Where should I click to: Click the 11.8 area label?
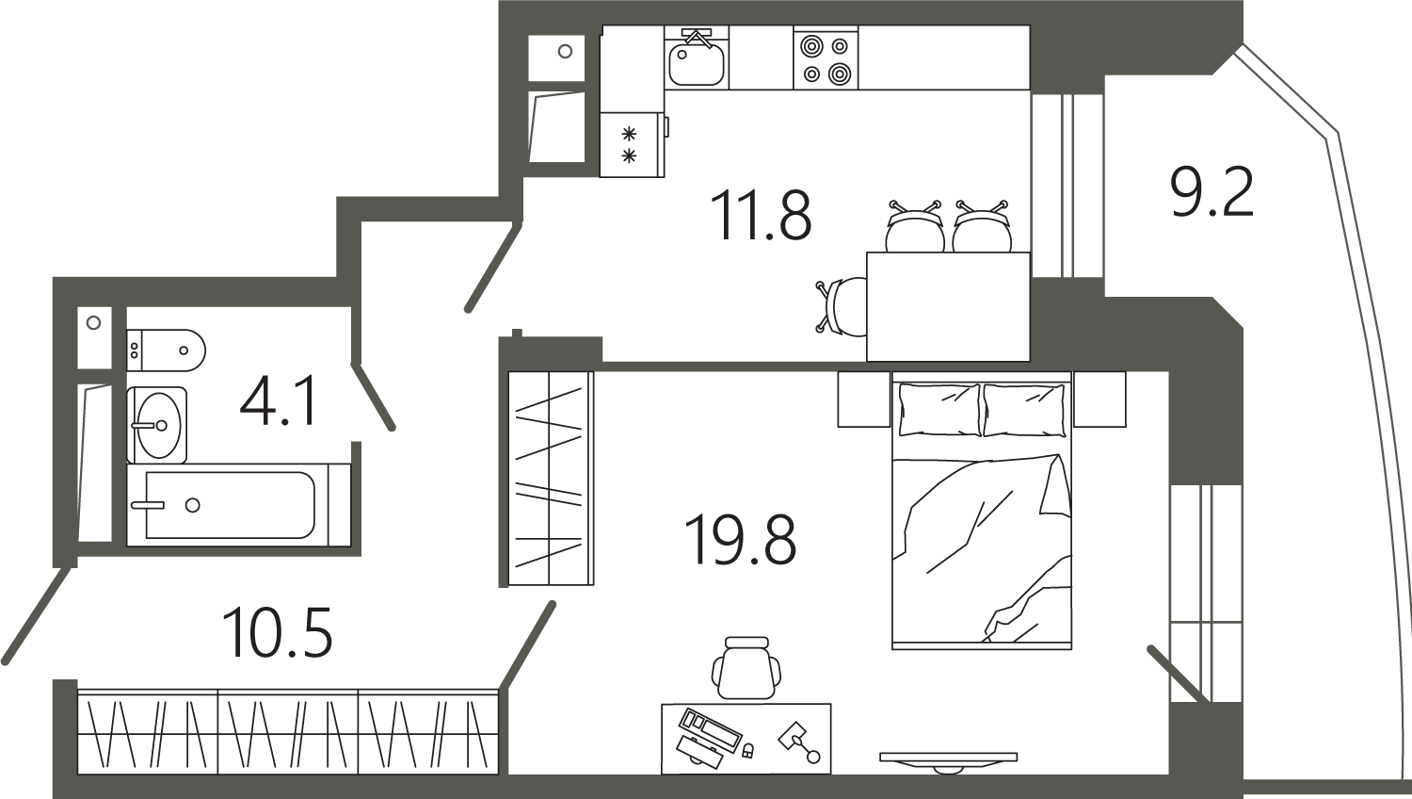[x=761, y=217]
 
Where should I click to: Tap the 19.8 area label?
[x=740, y=540]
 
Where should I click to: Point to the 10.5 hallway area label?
[x=278, y=631]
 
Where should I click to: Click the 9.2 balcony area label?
[x=1211, y=192]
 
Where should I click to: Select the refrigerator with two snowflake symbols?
[x=632, y=144]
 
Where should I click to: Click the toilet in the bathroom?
[x=166, y=350]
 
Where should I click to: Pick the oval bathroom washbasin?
[x=157, y=425]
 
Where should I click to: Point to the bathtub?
[x=238, y=505]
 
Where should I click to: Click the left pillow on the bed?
[x=939, y=410]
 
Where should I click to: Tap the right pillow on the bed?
[x=1024, y=410]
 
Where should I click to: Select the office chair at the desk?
[x=746, y=668]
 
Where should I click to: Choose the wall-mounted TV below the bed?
[x=948, y=761]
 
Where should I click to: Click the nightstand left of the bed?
[x=863, y=399]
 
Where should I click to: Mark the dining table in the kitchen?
[x=948, y=307]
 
